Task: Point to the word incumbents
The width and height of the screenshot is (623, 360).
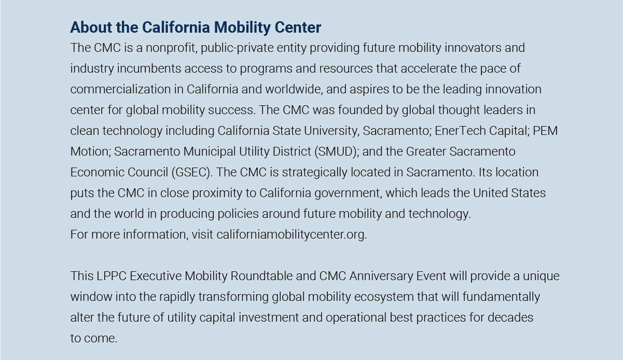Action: point(144,68)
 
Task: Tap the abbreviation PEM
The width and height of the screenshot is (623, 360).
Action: point(545,131)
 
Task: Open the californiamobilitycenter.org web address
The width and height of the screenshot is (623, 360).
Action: point(292,234)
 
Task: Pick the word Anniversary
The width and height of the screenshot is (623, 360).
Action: point(381,276)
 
